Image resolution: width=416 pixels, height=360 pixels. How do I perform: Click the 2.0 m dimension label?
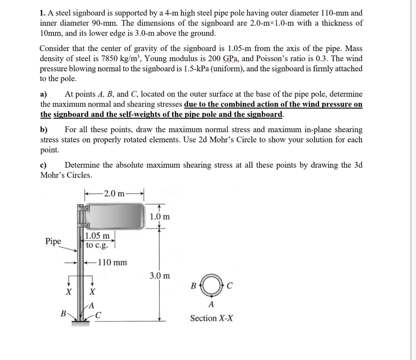114,194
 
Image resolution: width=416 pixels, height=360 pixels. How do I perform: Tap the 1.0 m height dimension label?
159,217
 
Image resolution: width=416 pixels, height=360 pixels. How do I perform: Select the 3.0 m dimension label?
159,276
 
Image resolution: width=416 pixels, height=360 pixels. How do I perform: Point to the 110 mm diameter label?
112,263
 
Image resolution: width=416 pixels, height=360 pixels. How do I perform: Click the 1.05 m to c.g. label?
97,240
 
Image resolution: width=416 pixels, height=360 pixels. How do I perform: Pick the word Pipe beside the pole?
53,241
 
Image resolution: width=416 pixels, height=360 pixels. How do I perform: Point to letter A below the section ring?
211,304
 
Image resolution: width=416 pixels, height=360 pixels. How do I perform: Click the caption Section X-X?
212,318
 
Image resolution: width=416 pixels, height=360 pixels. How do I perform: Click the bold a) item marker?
44,94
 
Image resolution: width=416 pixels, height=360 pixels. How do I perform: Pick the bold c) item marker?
43,165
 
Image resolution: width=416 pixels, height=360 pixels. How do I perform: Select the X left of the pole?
68,292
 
